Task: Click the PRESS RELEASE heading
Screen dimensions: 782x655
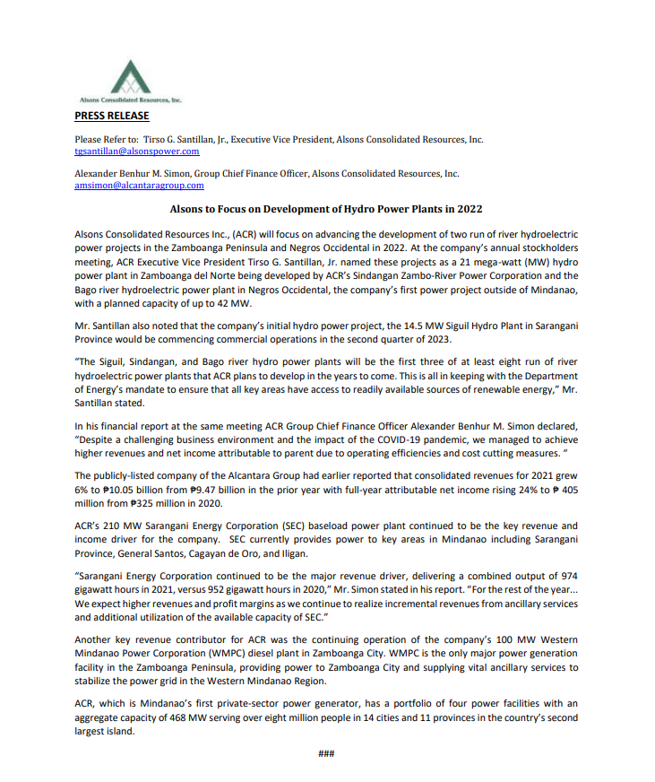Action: coord(111,116)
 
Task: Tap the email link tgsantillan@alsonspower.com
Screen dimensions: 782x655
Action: coord(136,152)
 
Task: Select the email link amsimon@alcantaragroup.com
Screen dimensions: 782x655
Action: coord(139,186)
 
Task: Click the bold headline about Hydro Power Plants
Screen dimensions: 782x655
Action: coord(326,208)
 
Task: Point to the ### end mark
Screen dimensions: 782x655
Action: coord(326,753)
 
